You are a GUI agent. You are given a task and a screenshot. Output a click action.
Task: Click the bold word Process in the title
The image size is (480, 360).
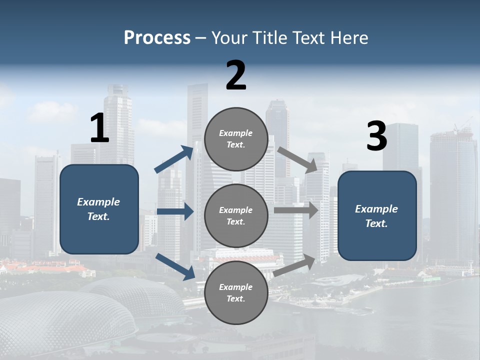pos(157,37)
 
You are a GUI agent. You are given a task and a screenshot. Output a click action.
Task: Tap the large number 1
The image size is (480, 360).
pos(99,128)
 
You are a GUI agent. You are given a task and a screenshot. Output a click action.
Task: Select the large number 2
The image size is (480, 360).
pos(236,75)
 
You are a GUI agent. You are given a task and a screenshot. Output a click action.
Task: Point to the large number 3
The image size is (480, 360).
pos(376,136)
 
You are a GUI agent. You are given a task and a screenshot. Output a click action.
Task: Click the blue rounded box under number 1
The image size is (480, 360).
pos(99,209)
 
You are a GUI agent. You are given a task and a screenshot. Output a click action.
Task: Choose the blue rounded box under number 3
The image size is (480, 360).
pos(377,215)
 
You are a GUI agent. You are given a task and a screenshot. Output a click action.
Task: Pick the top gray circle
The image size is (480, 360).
pos(236,139)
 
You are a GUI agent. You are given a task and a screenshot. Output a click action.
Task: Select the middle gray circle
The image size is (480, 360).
pos(236,215)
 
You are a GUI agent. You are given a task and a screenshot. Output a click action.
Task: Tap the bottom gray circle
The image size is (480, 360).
pos(236,292)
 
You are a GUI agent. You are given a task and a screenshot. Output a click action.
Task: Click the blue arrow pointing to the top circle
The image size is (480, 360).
pos(174,159)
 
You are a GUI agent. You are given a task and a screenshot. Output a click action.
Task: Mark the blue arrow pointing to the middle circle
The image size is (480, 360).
pos(175,211)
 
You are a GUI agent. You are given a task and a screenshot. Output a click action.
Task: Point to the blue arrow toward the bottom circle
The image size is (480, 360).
pos(175,266)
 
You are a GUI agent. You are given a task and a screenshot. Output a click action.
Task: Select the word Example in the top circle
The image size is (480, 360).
pos(235,133)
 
